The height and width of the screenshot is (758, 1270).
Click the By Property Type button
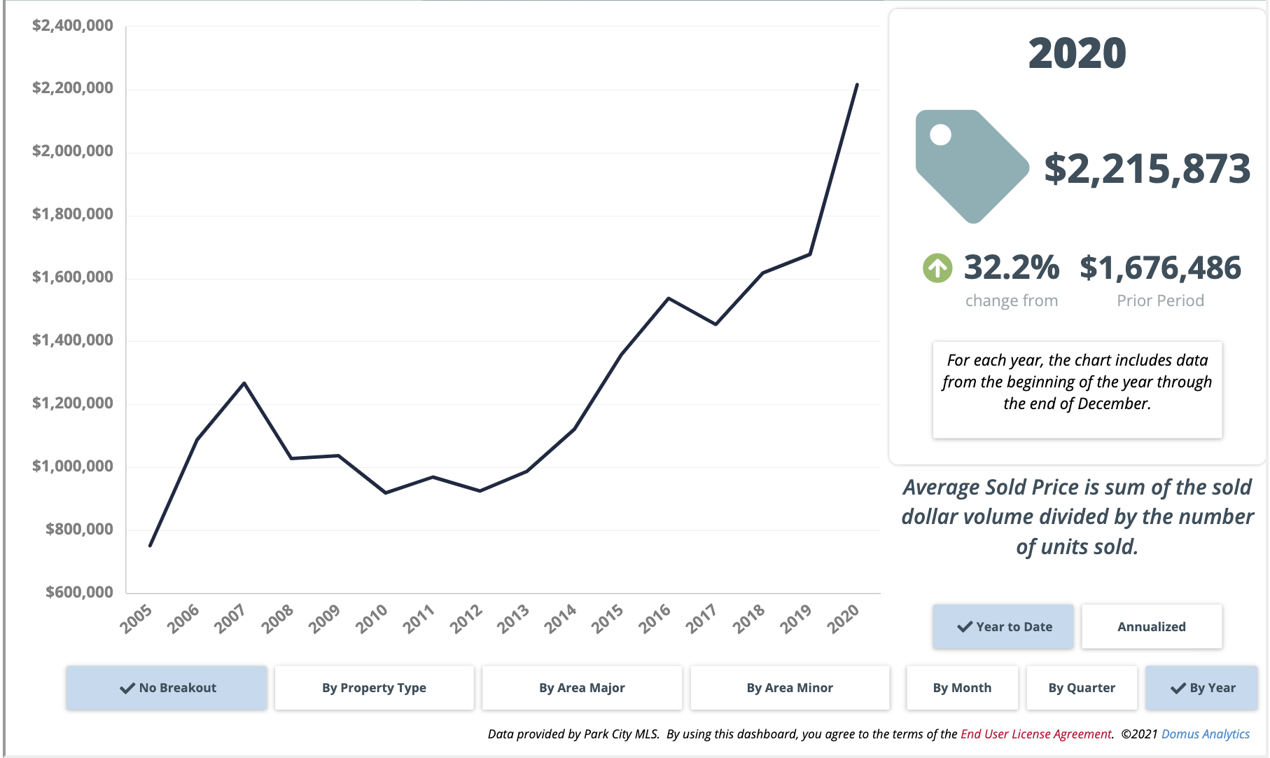[x=374, y=688]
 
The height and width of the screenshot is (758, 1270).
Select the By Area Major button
[x=582, y=688]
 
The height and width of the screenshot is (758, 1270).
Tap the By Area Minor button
[x=790, y=688]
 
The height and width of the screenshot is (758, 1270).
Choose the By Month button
[x=962, y=688]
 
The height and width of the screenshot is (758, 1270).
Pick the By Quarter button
[x=1082, y=688]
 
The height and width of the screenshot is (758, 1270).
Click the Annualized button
[x=1152, y=627]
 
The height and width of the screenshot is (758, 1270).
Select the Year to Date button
[x=1003, y=627]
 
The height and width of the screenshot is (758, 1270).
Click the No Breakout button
[x=167, y=688]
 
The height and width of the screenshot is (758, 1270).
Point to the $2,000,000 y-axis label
[x=73, y=151]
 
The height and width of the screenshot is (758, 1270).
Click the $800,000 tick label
[x=79, y=530]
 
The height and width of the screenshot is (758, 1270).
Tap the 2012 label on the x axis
[x=466, y=619]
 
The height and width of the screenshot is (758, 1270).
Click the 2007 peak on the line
[x=244, y=383]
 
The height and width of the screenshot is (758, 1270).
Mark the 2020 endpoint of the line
[x=857, y=85]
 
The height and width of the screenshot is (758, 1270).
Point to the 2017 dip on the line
[x=716, y=324]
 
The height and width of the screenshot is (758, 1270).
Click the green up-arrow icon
[x=937, y=268]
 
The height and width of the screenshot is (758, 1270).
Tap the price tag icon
[x=970, y=166]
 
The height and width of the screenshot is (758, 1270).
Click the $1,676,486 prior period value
[x=1160, y=268]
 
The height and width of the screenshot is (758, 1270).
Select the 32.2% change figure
[x=1011, y=268]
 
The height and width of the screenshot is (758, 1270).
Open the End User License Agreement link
[x=1035, y=734]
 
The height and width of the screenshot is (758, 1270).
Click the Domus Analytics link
[x=1205, y=734]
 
